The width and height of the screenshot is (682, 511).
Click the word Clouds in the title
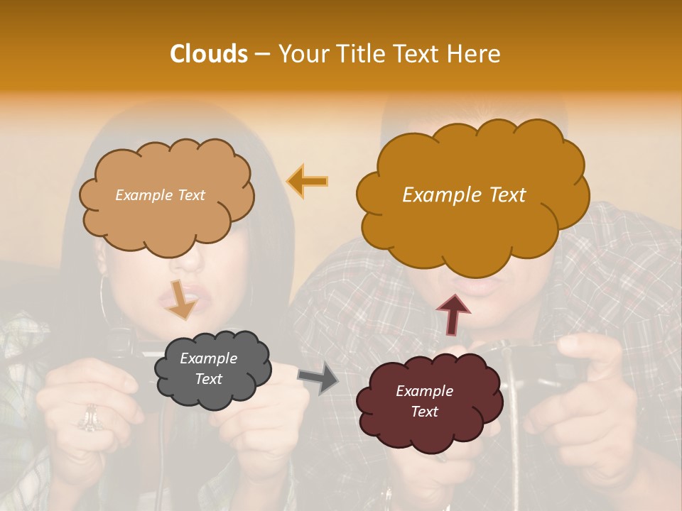point(208,54)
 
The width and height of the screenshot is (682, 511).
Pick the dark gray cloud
point(213,369)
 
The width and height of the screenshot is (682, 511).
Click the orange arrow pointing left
point(307,181)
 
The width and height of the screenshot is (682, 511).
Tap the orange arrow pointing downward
point(183,299)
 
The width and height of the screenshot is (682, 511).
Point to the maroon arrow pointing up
point(453,315)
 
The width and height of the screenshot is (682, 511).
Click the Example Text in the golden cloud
point(464,195)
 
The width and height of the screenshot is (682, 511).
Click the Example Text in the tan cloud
point(160,195)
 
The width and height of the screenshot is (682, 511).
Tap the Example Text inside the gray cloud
point(209,368)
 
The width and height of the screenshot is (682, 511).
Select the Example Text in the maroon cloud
point(425,401)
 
